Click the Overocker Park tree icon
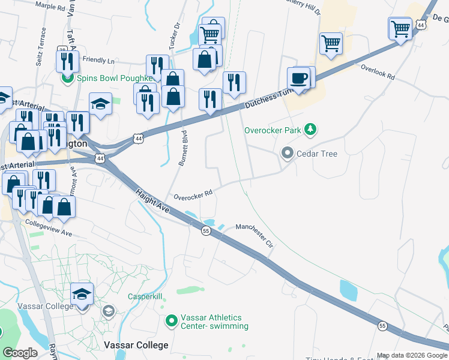pyautogui.click(x=310, y=129)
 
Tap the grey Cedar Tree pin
pyautogui.click(x=287, y=154)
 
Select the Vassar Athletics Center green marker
pyautogui.click(x=172, y=322)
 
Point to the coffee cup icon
pyautogui.click(x=298, y=78)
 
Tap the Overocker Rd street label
pyautogui.click(x=193, y=195)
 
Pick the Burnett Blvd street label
pyautogui.click(x=183, y=148)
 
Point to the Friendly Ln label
pyautogui.click(x=98, y=61)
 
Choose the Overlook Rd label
pyautogui.click(x=378, y=73)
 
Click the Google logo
pyautogui.click(x=20, y=353)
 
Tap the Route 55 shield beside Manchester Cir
pyautogui.click(x=206, y=231)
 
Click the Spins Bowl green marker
pyautogui.click(x=67, y=78)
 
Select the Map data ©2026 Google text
pyautogui.click(x=412, y=355)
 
